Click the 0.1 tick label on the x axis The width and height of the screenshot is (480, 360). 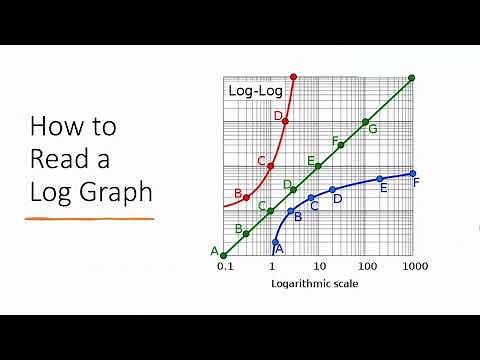coord(224,268)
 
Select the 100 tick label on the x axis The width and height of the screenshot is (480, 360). coord(366,268)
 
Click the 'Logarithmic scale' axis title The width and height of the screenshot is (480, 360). coord(314,284)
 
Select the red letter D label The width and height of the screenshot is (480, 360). coord(278,116)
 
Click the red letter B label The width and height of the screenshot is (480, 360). coord(238,193)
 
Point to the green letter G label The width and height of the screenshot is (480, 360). coord(373,129)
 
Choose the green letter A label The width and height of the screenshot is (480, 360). coord(214,250)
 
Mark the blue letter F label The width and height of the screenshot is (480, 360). coord(416,182)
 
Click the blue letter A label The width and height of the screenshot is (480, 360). coord(279,248)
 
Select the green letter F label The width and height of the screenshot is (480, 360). coord(335,140)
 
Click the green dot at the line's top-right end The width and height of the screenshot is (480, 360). coord(411,77)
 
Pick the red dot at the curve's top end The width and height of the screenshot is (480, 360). coord(293,77)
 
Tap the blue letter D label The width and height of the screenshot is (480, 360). coord(337,199)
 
